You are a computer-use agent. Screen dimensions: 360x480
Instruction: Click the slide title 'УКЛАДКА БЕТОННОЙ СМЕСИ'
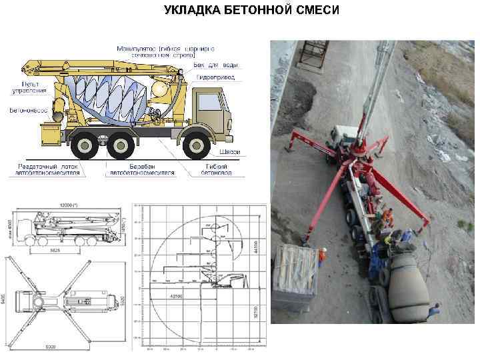coord(252,11)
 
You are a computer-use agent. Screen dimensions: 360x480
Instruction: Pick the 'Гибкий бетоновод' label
coord(219,169)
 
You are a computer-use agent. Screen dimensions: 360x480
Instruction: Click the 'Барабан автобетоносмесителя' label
coord(141,169)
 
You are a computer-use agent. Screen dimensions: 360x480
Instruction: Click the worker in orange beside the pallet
coord(321,257)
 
